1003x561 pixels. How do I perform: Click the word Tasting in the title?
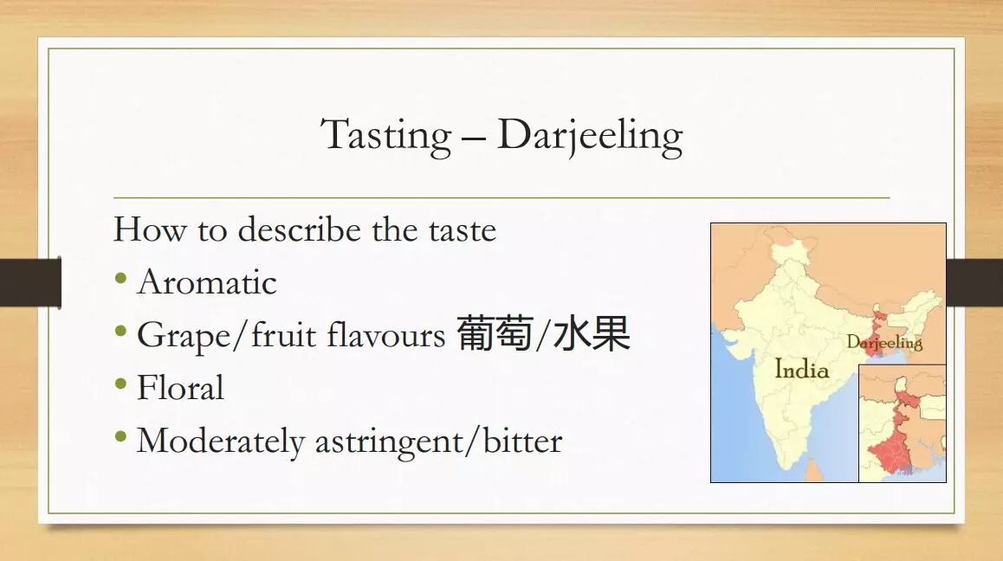point(386,136)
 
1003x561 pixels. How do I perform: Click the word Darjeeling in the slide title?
point(590,136)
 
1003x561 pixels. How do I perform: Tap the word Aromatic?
point(207,282)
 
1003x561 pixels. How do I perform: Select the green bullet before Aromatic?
point(120,278)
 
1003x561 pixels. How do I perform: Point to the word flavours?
point(385,334)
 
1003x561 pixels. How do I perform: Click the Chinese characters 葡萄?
point(495,333)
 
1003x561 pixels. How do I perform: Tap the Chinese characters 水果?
point(592,333)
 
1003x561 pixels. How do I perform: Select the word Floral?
point(180,388)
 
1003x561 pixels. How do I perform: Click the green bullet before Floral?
point(120,384)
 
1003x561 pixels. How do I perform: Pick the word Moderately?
point(221,442)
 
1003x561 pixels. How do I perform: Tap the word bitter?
point(522,440)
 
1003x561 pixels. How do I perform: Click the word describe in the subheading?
point(299,229)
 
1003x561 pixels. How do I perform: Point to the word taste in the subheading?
point(463,230)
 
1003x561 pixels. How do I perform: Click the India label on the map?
point(801,369)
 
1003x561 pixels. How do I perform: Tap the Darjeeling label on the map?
point(884,343)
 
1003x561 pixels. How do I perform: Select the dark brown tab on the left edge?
point(30,282)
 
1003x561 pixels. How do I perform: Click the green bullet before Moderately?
point(120,437)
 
